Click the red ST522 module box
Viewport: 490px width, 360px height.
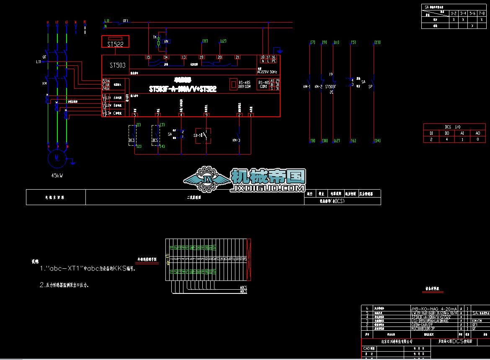(x=115, y=42)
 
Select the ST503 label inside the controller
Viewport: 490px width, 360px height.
(x=117, y=65)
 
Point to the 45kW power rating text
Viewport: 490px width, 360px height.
(x=54, y=176)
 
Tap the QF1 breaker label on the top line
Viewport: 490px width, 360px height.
(x=125, y=21)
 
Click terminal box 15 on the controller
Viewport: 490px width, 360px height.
(x=148, y=57)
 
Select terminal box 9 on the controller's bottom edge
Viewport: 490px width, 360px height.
(x=206, y=115)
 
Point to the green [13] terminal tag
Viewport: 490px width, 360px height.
(x=377, y=42)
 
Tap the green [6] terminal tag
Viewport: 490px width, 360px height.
(x=353, y=141)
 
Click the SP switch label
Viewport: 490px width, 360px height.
(x=370, y=87)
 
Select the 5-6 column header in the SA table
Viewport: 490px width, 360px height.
(x=472, y=13)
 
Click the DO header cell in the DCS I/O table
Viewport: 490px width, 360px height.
(x=446, y=133)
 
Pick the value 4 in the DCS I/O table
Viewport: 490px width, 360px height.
(x=446, y=139)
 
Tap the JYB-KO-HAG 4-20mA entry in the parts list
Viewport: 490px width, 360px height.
(x=433, y=308)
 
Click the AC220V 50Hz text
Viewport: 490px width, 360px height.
(x=268, y=72)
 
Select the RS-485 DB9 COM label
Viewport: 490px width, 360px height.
(x=245, y=85)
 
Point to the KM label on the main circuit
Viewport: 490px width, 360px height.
(x=44, y=83)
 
